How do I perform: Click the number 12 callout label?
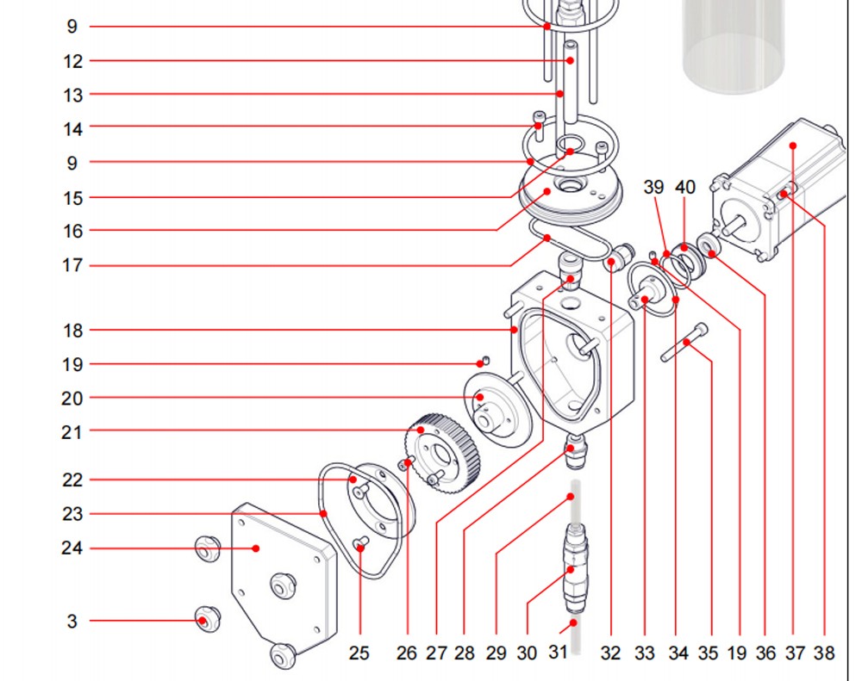click(73, 61)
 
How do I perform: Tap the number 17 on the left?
click(73, 266)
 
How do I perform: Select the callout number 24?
click(73, 548)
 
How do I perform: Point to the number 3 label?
click(72, 621)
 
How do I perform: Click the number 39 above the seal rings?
click(654, 188)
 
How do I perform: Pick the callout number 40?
click(685, 188)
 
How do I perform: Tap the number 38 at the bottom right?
click(824, 653)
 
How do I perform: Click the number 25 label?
click(359, 653)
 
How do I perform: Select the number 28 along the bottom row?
click(465, 653)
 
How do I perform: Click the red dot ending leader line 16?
click(547, 191)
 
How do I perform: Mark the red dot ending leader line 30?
click(571, 569)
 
